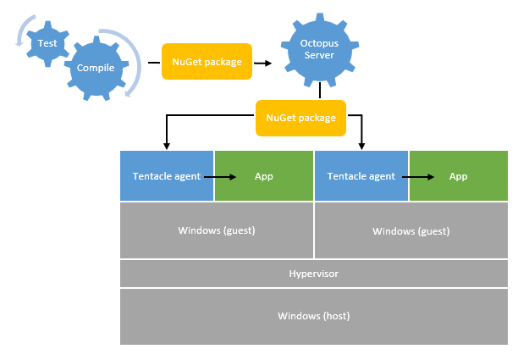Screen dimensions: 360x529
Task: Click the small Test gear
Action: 47,42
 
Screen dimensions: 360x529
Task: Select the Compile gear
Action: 96,68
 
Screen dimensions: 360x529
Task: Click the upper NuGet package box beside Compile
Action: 207,62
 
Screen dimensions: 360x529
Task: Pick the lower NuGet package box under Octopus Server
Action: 300,119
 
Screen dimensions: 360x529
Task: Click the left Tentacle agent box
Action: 167,176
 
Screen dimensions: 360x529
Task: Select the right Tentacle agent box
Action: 361,176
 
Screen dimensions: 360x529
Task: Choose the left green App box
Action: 264,176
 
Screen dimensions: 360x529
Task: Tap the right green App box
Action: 459,176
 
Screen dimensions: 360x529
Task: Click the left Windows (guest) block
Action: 217,230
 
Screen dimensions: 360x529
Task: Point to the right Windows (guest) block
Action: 411,230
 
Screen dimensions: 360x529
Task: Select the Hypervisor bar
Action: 314,274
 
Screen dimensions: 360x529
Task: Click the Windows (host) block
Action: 314,316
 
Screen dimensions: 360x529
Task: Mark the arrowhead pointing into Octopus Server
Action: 267,63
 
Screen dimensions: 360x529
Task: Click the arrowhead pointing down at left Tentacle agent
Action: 167,145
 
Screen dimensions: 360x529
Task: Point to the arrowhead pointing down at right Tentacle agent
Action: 361,145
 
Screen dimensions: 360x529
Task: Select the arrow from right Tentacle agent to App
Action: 419,177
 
